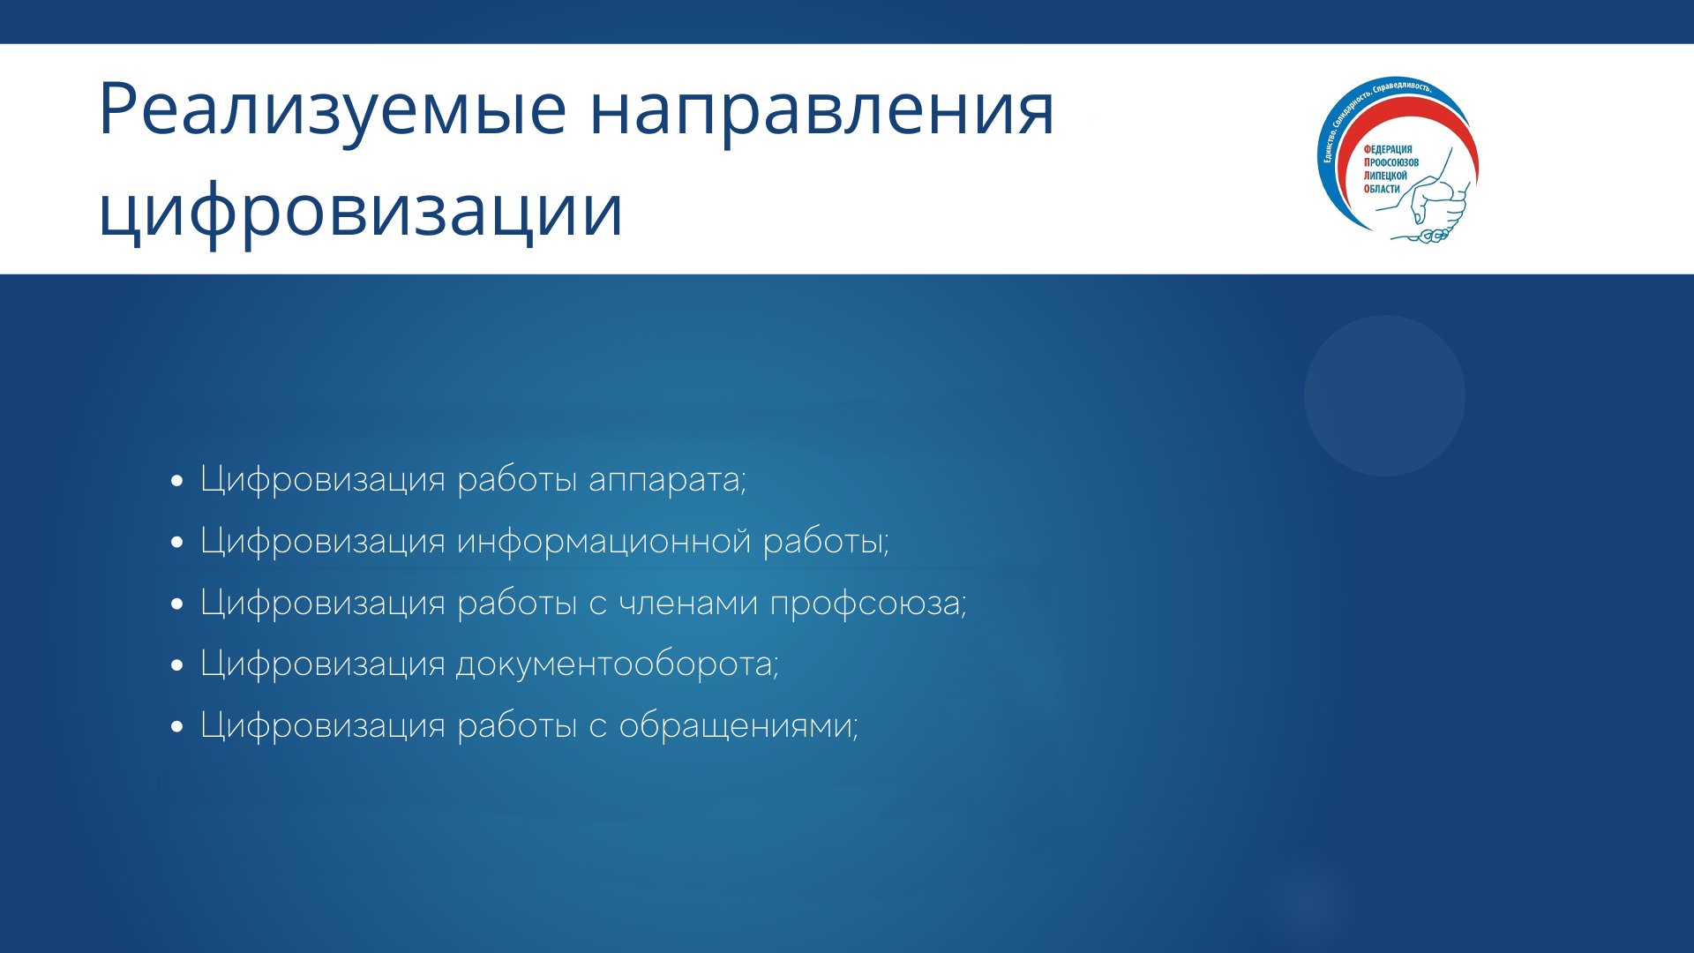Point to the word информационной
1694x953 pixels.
coord(604,542)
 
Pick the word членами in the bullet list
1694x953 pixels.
coord(689,604)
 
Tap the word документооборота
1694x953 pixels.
coord(618,665)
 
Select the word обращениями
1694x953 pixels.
coord(738,726)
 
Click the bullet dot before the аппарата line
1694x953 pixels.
coord(178,482)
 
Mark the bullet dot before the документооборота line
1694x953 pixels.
coord(178,665)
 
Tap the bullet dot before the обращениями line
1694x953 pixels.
coord(178,727)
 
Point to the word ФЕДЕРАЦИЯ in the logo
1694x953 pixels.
coord(1388,150)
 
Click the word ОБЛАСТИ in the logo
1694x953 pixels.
coord(1382,189)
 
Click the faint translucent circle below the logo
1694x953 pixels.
coord(1385,396)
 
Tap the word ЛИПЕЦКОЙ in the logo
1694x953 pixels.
coord(1385,176)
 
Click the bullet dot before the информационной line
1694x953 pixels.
coord(178,543)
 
